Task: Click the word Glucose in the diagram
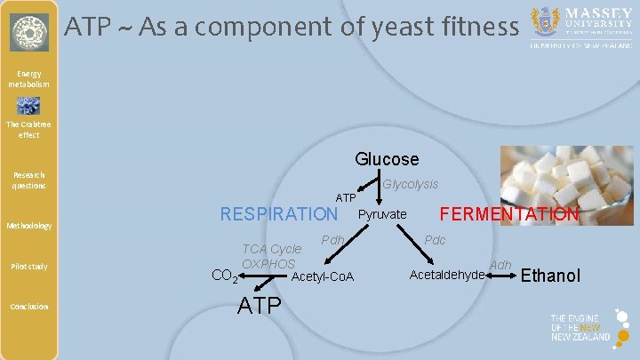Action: click(387, 159)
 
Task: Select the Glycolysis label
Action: click(410, 184)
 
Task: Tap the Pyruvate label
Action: click(382, 214)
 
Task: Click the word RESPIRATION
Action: click(278, 214)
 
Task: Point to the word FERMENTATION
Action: click(509, 214)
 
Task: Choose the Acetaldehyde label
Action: click(447, 275)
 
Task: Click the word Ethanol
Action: click(550, 276)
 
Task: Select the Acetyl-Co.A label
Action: click(323, 278)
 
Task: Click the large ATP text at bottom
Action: click(259, 307)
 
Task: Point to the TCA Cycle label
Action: click(272, 249)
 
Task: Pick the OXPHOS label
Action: click(268, 264)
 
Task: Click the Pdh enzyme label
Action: click(333, 240)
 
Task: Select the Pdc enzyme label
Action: click(435, 240)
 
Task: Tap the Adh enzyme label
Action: click(500, 265)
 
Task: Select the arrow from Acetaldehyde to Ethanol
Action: click(501, 276)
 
